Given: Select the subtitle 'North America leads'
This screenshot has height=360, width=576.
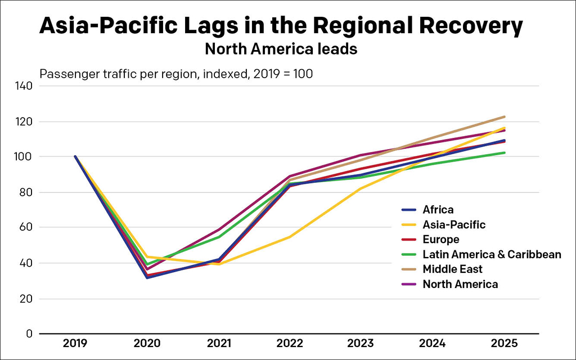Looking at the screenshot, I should point(281,49).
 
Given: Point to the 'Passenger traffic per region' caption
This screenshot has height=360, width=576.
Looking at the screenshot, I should point(175,73).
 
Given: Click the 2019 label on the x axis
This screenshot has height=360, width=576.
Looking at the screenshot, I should point(75,344).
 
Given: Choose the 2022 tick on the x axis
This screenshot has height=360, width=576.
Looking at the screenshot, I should point(290,344).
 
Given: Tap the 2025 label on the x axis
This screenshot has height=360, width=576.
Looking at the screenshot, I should point(505,344).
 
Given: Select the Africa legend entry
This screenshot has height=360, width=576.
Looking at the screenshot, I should point(438,210).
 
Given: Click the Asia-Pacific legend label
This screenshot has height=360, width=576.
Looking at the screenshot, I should point(453,225).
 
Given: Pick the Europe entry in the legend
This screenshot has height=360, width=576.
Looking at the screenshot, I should point(440,240).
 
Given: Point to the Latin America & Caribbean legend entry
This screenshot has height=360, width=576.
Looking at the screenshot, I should point(492,254).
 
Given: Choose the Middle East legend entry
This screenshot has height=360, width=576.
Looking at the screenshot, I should point(452,269).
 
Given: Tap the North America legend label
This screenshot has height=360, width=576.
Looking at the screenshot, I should point(460,284).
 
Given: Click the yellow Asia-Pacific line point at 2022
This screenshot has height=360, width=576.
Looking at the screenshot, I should point(290,237).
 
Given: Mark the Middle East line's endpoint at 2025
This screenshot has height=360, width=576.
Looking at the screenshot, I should point(505,117).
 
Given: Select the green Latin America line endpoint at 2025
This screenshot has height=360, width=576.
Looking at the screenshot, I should point(505,152).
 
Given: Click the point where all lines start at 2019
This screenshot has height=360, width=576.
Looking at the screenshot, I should point(75,156).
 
